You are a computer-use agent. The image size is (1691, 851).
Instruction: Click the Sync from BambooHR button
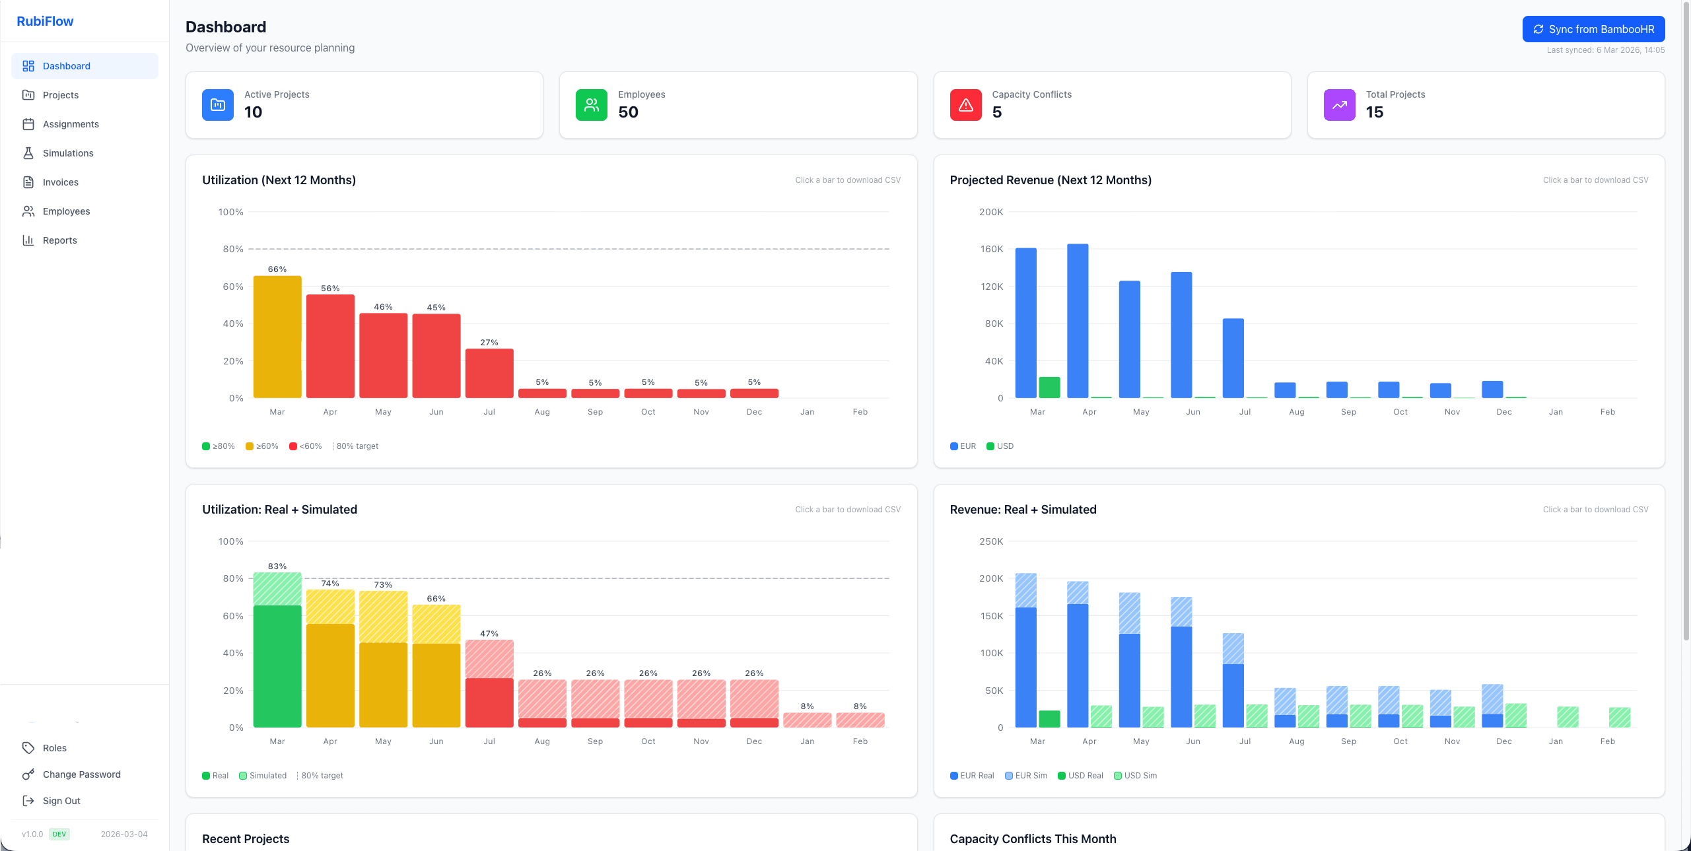1593,29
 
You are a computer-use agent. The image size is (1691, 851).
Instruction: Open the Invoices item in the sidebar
60,182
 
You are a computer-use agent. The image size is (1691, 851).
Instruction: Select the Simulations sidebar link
68,153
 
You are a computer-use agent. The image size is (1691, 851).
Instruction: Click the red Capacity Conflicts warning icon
965,105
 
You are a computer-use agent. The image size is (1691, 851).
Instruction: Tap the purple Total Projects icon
1339,105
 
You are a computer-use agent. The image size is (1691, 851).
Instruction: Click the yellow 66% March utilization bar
277,337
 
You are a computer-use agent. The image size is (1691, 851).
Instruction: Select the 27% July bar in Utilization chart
489,373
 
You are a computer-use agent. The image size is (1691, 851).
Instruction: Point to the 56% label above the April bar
330,289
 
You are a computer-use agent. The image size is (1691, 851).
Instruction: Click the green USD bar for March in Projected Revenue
1049,388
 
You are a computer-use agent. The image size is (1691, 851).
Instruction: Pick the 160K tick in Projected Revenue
991,249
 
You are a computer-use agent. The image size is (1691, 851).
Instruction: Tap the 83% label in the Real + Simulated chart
277,566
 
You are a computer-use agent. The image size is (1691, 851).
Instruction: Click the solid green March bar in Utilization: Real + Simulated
277,667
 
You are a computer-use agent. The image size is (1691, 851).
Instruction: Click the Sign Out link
61,801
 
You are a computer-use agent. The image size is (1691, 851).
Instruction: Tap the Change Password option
81,774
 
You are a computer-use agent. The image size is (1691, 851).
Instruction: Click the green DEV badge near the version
59,834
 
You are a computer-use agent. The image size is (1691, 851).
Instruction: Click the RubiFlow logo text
45,21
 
